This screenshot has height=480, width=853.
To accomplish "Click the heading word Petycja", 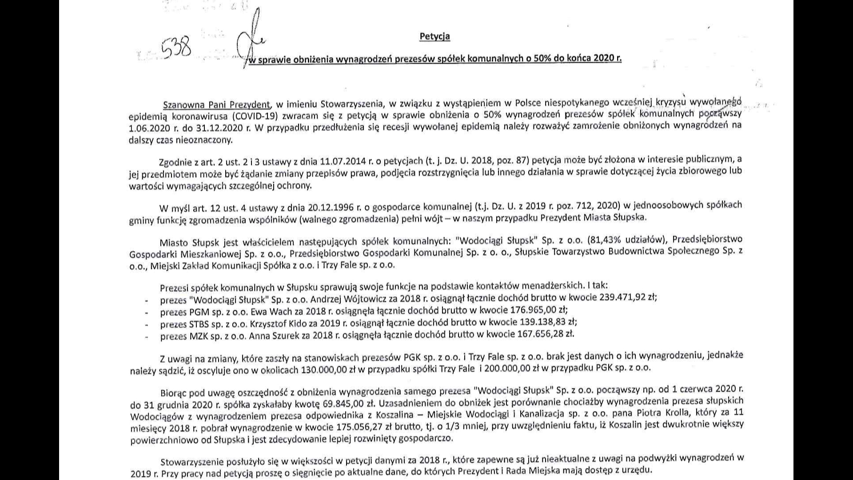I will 434,36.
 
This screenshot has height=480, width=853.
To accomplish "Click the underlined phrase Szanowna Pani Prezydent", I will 216,105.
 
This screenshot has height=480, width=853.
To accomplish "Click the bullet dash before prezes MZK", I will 147,336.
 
